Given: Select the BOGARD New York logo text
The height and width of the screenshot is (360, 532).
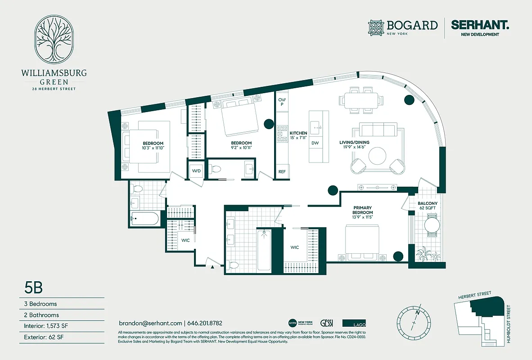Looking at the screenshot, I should tap(412, 25).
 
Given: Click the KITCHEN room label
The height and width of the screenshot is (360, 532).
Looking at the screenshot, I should tap(298, 133).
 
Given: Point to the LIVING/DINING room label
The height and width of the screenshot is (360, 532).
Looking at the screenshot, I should tap(354, 143).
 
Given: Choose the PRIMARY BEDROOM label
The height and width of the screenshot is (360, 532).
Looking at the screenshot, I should tap(362, 210).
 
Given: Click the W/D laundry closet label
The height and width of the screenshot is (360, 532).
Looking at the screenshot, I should tap(196, 171).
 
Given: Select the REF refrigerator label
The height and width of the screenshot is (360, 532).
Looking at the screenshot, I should tap(282, 172).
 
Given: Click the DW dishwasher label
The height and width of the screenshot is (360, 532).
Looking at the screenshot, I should tap(315, 143).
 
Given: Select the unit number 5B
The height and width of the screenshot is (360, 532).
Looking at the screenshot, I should tap(33, 287).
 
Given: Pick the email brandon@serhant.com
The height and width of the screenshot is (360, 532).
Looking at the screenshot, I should tap(150, 323).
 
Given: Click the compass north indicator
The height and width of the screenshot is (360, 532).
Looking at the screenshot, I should tap(418, 312).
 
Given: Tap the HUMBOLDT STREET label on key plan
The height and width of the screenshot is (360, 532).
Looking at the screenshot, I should tap(509, 324).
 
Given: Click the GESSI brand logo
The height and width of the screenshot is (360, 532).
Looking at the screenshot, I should tap(326, 323).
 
